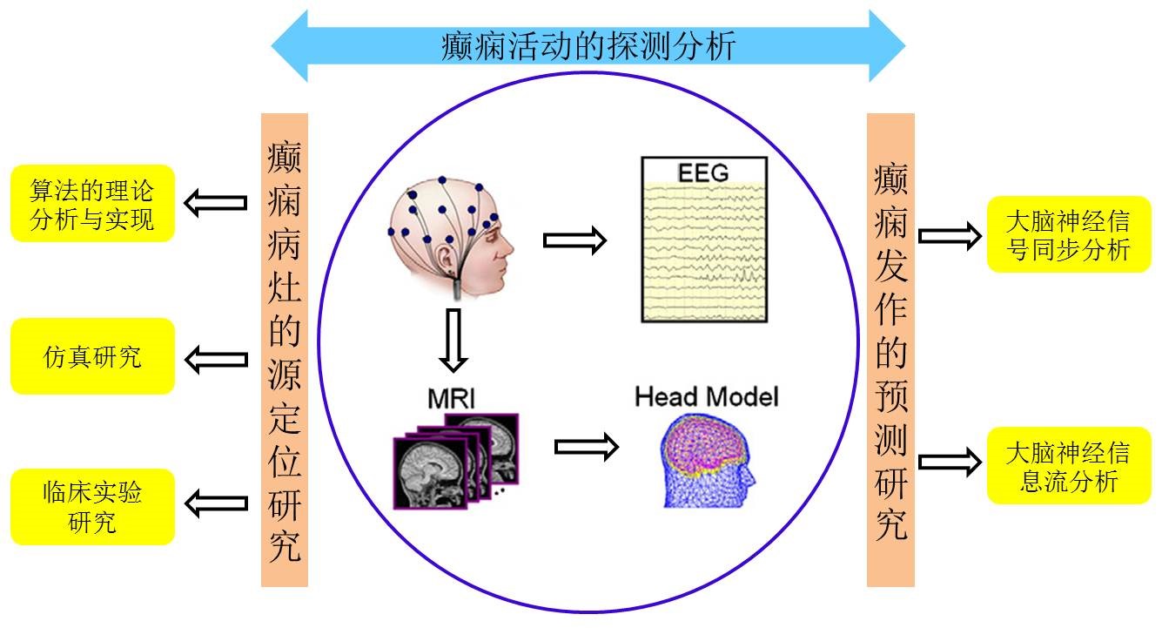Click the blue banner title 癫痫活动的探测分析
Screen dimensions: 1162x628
click(588, 46)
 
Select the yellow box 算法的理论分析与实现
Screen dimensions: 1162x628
click(92, 204)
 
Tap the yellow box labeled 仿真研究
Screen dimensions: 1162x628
click(92, 356)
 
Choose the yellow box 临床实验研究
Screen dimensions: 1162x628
click(92, 507)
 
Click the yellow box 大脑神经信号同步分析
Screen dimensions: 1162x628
click(1069, 234)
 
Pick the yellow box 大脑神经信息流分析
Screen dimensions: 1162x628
click(1069, 465)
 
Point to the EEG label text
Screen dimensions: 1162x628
click(703, 172)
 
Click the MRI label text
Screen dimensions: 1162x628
click(452, 399)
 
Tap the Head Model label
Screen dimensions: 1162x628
click(707, 397)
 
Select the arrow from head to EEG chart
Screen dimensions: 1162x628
click(574, 240)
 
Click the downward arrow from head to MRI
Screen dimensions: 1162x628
click(453, 341)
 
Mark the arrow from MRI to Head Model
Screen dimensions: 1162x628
click(586, 446)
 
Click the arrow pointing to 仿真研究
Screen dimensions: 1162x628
click(217, 360)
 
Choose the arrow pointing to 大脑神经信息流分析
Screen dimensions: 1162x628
click(950, 462)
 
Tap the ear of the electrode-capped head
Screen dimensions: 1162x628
click(445, 258)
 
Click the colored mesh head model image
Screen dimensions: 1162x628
click(707, 461)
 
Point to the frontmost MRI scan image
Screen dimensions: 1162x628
click(431, 473)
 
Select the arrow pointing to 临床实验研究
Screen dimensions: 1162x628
click(217, 503)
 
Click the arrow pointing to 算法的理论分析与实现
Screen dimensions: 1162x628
click(215, 202)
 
